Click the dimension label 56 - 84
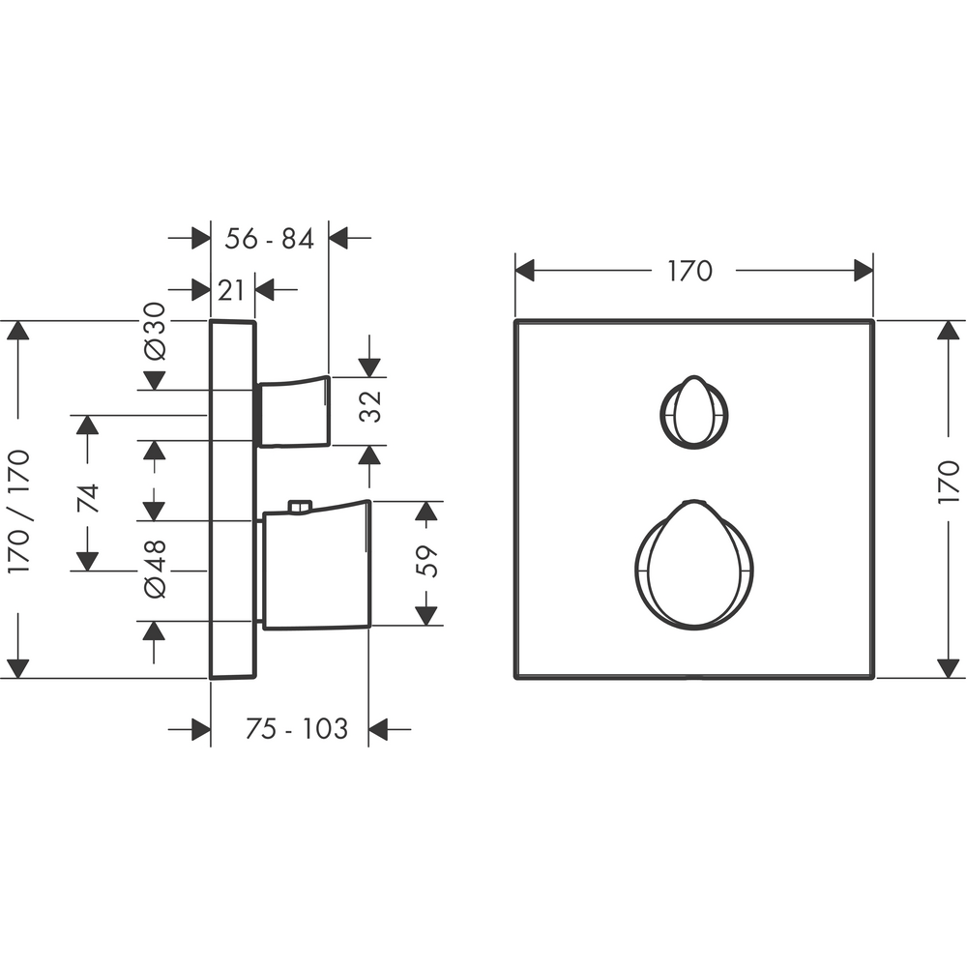(x=269, y=238)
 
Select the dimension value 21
(x=231, y=290)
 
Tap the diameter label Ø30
(x=155, y=331)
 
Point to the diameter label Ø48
(x=155, y=569)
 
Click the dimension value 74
(x=88, y=498)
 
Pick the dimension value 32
(x=370, y=406)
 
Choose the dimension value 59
(x=426, y=561)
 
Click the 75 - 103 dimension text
(x=297, y=728)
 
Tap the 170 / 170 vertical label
(x=18, y=512)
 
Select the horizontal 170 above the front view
(x=690, y=271)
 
